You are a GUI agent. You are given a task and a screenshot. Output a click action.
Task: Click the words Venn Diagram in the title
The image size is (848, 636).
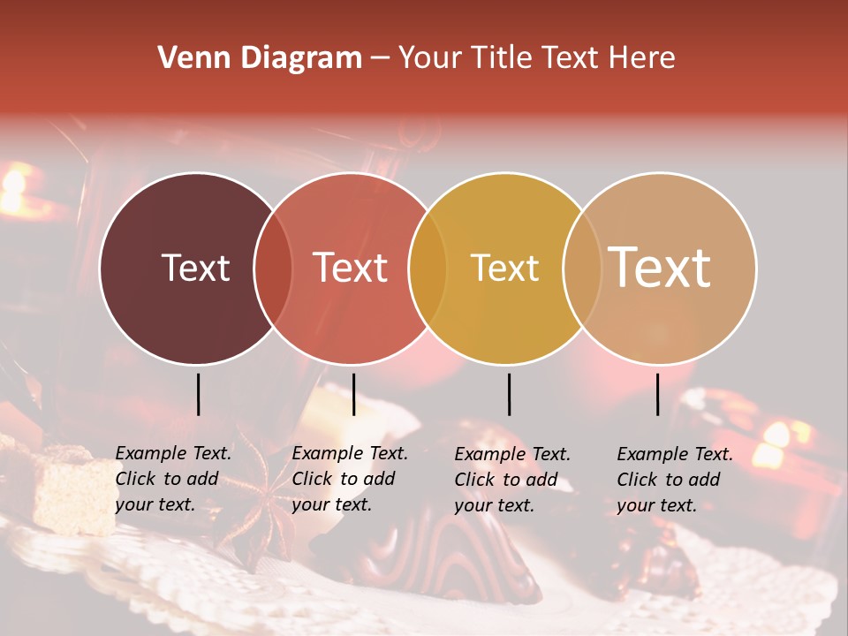point(260,58)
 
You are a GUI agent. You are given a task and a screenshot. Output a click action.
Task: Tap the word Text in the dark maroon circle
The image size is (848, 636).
point(195,268)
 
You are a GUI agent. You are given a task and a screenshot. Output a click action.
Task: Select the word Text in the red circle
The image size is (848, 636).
point(351,268)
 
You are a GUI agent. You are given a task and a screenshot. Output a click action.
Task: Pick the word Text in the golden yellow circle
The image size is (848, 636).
point(504,268)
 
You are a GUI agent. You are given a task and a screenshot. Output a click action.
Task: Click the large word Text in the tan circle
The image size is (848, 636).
point(660,267)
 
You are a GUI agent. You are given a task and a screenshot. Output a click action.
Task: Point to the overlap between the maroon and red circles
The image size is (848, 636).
point(273,269)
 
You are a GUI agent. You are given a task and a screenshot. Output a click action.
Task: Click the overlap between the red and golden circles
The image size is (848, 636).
point(428,269)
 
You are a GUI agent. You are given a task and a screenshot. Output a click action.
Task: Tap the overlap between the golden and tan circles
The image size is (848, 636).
point(582,269)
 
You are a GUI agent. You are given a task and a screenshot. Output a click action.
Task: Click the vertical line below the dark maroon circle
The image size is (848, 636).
point(198,394)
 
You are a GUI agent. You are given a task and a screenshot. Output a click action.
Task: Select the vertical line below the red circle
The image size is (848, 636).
point(353,394)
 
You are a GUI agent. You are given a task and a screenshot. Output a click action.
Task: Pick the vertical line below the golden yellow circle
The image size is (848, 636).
point(509,394)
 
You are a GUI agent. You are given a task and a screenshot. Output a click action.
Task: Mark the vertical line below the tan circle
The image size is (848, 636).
point(658,394)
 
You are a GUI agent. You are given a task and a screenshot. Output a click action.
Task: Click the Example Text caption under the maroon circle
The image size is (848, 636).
point(172,479)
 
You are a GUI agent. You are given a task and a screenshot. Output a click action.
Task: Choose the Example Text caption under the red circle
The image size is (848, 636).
point(349,479)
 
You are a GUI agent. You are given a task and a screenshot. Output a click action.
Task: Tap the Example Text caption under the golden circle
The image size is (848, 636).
point(511,480)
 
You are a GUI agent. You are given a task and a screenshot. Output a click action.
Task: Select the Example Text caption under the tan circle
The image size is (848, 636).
point(674,480)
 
